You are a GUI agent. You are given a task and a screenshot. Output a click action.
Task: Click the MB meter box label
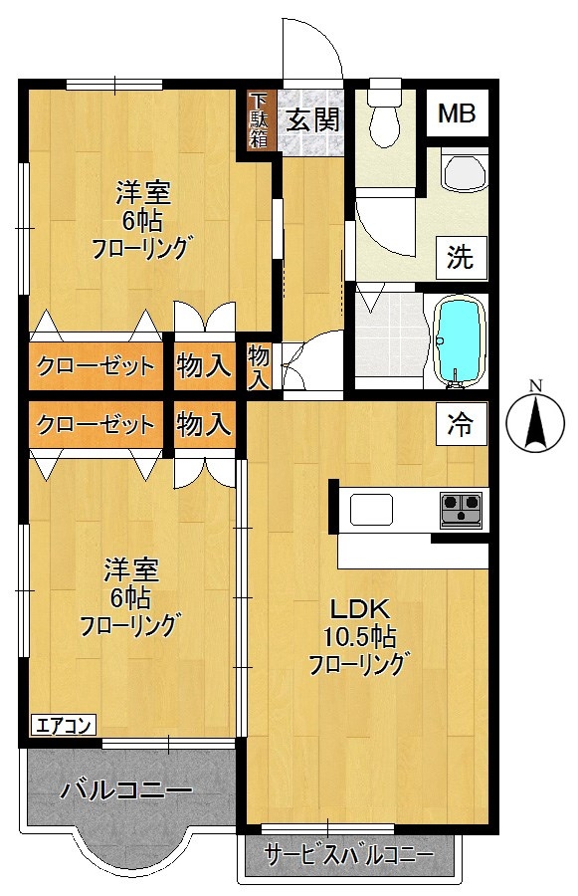point(458,114)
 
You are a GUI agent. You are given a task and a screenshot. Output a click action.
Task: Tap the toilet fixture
point(383,120)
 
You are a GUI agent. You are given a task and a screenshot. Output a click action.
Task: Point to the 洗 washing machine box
point(459,258)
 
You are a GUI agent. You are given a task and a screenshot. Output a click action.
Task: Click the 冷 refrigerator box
point(459,424)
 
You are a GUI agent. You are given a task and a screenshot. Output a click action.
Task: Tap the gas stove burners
point(460,508)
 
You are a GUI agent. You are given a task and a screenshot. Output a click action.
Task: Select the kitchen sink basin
point(370,509)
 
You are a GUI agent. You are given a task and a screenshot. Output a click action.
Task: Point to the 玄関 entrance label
point(314,119)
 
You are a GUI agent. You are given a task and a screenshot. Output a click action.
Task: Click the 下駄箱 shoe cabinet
point(259,119)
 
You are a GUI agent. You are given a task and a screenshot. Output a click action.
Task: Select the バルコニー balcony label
point(125,790)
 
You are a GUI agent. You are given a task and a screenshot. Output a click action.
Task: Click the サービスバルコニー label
point(347,855)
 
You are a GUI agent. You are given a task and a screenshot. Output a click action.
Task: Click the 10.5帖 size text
point(357,636)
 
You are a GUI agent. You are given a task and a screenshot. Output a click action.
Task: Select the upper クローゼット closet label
point(96,366)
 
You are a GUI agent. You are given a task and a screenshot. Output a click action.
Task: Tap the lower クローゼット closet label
point(96,425)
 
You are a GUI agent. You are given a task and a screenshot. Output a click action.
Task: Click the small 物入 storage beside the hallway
point(259,366)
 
